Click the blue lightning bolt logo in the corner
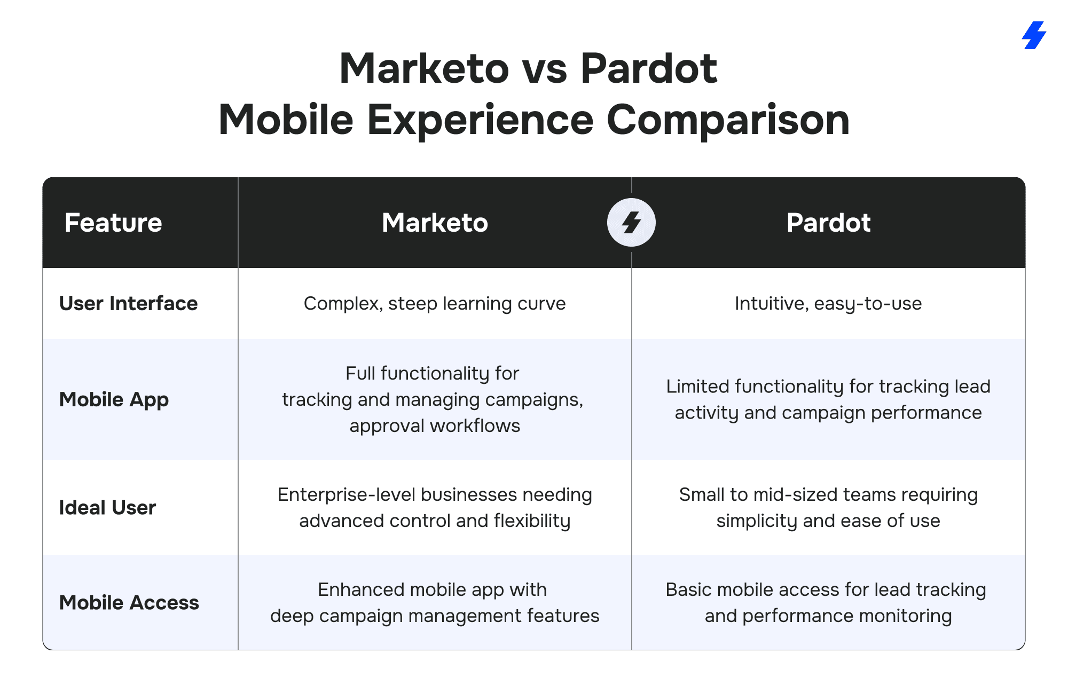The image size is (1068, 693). [x=1034, y=35]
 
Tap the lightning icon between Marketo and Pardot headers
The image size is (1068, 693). [x=631, y=223]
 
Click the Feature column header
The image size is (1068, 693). [x=113, y=223]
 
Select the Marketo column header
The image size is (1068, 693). [x=435, y=223]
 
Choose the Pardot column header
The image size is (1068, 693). [x=828, y=223]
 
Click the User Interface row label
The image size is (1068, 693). [x=128, y=303]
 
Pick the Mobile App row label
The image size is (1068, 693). [x=114, y=400]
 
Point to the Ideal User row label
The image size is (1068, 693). [x=107, y=507]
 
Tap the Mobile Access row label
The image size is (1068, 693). [x=129, y=602]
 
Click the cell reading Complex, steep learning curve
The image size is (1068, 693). [x=435, y=303]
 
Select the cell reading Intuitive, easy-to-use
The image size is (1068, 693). [x=828, y=303]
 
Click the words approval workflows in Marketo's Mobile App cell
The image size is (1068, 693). [x=435, y=426]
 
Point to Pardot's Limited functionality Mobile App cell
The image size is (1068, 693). [x=828, y=399]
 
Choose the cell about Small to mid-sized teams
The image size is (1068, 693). [x=828, y=507]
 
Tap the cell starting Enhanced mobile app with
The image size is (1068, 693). [x=435, y=602]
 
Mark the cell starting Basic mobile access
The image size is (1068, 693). [x=826, y=602]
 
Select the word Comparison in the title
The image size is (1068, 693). [x=728, y=120]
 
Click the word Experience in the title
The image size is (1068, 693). [x=480, y=120]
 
